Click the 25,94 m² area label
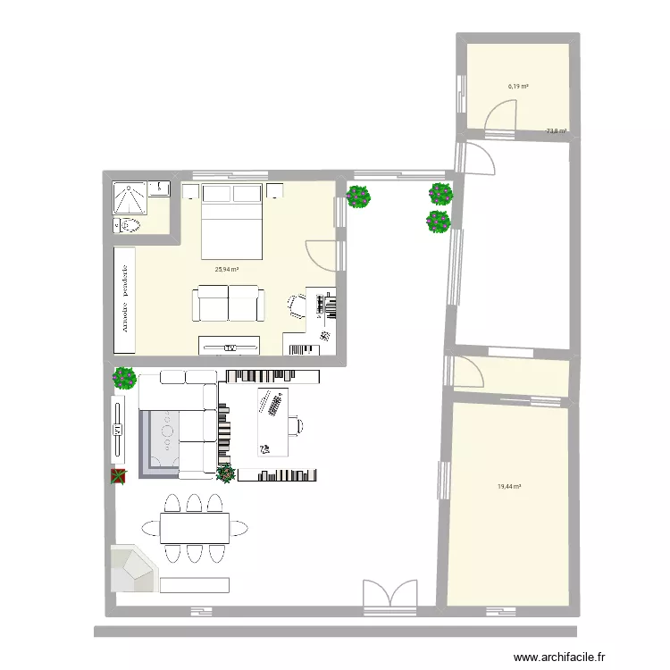click(225, 268)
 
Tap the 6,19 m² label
click(518, 87)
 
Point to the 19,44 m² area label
click(509, 487)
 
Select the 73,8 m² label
click(557, 132)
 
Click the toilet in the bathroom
click(128, 224)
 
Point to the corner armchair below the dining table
click(131, 568)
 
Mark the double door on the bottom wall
click(390, 597)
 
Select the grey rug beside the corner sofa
click(162, 440)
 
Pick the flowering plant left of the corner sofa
click(124, 378)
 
